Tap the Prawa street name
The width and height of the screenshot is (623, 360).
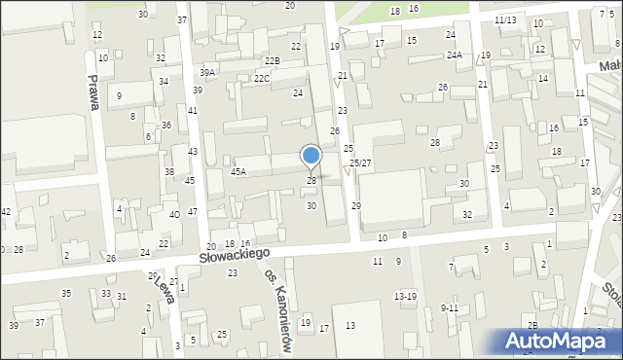tap(94, 93)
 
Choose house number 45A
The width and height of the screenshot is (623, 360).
tap(238, 171)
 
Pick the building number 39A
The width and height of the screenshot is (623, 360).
tap(207, 73)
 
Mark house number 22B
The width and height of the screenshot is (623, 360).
tap(272, 61)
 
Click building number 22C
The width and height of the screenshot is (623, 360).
tap(261, 78)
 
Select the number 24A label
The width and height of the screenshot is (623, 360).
tap(455, 55)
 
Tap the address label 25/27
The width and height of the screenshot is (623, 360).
tap(360, 162)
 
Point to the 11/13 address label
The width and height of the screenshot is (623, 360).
tap(504, 19)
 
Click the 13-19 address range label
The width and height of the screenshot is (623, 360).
tap(405, 295)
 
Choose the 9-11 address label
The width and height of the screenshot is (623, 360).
tap(449, 307)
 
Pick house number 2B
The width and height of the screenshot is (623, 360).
tap(532, 324)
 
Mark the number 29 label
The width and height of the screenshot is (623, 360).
tap(356, 205)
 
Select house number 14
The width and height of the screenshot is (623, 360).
tap(543, 78)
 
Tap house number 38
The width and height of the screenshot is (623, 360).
tap(169, 171)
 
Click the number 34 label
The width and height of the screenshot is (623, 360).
tap(164, 81)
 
